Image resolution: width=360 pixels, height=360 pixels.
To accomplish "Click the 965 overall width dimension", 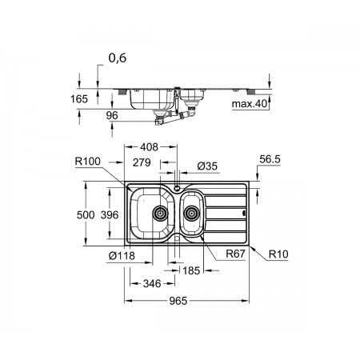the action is (x=178, y=301).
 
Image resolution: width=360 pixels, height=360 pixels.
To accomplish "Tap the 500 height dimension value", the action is (x=86, y=214).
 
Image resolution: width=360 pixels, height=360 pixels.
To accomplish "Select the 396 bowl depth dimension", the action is (x=110, y=214).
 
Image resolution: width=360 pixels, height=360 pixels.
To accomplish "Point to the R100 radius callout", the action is (x=88, y=162).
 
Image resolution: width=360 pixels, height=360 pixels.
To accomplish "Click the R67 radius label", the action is (x=235, y=254).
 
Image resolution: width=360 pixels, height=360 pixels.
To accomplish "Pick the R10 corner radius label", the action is (x=278, y=254).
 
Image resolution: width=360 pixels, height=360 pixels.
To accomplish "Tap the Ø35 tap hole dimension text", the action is (x=207, y=166).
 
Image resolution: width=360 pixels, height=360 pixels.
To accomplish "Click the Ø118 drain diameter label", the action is (x=122, y=256).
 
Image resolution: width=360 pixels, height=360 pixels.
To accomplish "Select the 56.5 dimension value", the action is (x=270, y=159).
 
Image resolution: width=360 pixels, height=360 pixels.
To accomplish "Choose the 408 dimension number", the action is (x=150, y=147).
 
